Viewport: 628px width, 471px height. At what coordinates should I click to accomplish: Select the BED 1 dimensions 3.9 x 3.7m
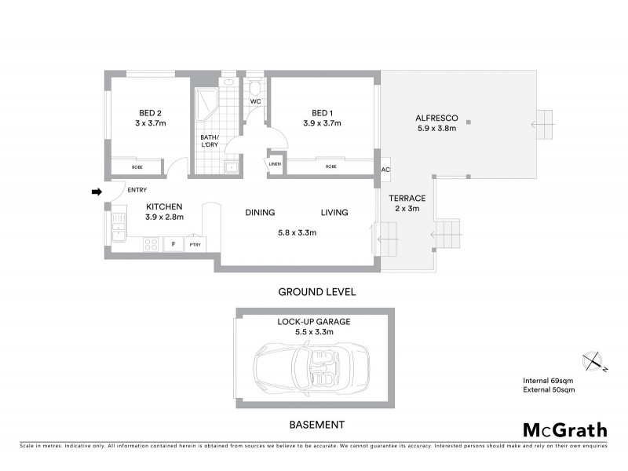[322, 123]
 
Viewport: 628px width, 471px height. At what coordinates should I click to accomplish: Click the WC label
[255, 102]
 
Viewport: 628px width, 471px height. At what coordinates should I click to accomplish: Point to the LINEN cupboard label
[275, 164]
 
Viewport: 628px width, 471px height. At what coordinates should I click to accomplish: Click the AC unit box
[385, 170]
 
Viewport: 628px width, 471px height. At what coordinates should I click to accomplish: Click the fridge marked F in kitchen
[173, 245]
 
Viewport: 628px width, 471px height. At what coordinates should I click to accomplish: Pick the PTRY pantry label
[195, 245]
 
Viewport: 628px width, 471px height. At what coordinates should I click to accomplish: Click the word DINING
[259, 213]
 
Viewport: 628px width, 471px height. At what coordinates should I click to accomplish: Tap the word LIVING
[334, 213]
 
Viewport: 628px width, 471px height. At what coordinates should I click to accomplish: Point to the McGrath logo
[564, 429]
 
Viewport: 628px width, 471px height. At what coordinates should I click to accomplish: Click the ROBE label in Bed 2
[137, 167]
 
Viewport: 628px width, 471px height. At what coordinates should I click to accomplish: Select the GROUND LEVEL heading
[317, 291]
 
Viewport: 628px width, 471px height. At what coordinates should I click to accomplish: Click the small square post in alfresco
[468, 122]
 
